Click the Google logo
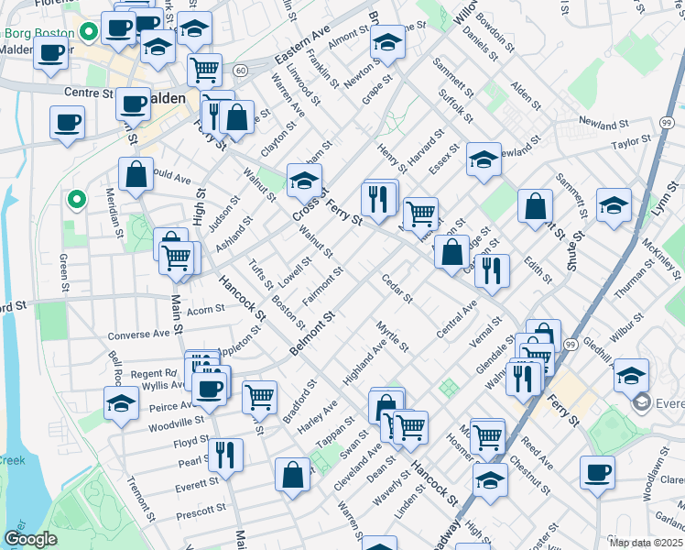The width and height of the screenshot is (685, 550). coord(30,539)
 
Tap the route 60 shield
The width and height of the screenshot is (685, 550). coord(240,71)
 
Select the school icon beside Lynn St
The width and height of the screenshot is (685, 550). coord(614,205)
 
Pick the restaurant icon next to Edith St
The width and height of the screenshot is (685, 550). coord(492,270)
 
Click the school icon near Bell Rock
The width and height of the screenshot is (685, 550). coord(121,403)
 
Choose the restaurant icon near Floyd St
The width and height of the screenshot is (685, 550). coord(224,454)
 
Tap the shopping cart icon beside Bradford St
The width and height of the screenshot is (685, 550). coord(260,397)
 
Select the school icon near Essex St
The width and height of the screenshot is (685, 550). coord(484,159)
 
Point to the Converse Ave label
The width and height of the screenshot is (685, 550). coord(139,335)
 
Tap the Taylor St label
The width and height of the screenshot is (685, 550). coord(631,142)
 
